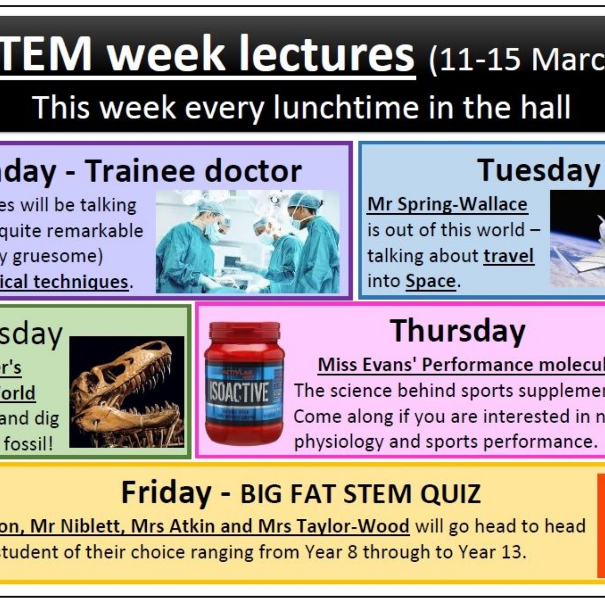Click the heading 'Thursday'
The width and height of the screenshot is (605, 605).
(458, 331)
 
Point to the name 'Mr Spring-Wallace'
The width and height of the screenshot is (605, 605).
(447, 204)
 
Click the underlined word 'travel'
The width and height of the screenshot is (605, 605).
(508, 256)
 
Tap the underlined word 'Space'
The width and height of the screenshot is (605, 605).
(431, 281)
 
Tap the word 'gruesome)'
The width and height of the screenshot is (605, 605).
(57, 256)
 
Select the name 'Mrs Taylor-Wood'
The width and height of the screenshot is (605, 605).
(334, 526)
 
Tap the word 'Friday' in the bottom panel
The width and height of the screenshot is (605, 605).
(166, 493)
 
